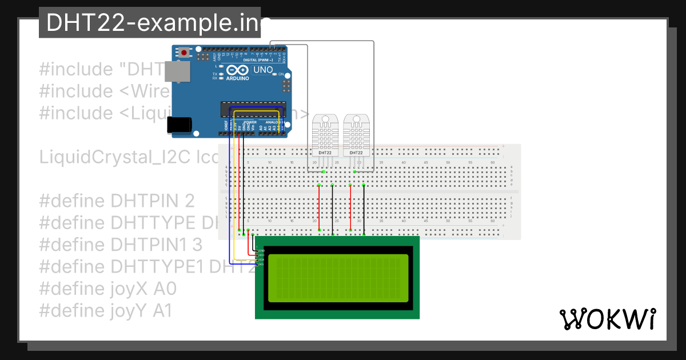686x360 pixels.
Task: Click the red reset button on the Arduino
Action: (x=184, y=53)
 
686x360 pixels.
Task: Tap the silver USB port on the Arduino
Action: (x=181, y=73)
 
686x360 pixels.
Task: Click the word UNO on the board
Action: (x=263, y=70)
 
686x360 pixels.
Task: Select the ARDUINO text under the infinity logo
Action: (x=237, y=79)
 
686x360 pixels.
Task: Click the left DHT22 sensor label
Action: (x=325, y=153)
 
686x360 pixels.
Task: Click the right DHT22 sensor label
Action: (x=356, y=153)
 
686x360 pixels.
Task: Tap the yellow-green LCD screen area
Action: (x=337, y=278)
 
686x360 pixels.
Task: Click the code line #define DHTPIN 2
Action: (x=117, y=201)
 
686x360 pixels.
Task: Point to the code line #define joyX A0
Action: (x=108, y=289)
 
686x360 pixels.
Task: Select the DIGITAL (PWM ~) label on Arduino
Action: (x=257, y=59)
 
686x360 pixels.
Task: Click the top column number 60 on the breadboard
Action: (x=493, y=163)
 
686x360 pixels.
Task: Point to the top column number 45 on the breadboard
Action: (x=426, y=163)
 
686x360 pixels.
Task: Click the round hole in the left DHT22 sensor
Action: (x=325, y=121)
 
